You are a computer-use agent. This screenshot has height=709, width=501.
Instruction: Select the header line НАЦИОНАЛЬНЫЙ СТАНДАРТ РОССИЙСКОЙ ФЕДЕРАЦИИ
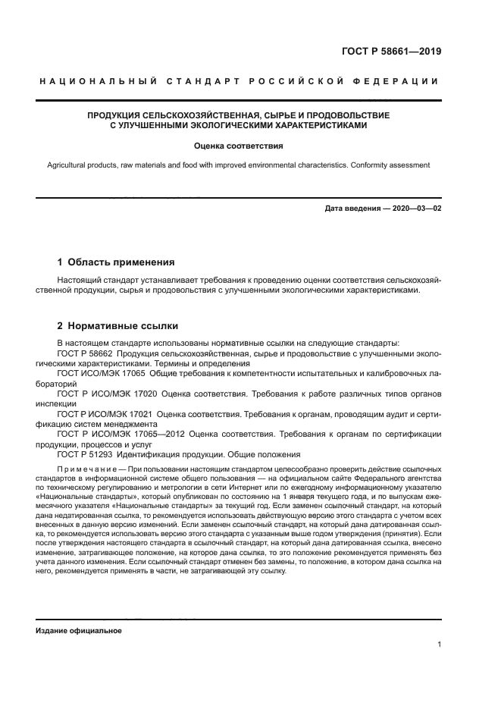(x=239, y=82)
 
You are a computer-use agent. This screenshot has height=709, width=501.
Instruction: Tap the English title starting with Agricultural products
(x=238, y=165)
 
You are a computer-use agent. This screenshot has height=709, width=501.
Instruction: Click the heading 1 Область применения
(x=116, y=262)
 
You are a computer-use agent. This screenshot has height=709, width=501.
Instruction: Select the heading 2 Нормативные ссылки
(x=117, y=326)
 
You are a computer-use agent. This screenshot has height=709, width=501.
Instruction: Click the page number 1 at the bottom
(x=439, y=644)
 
